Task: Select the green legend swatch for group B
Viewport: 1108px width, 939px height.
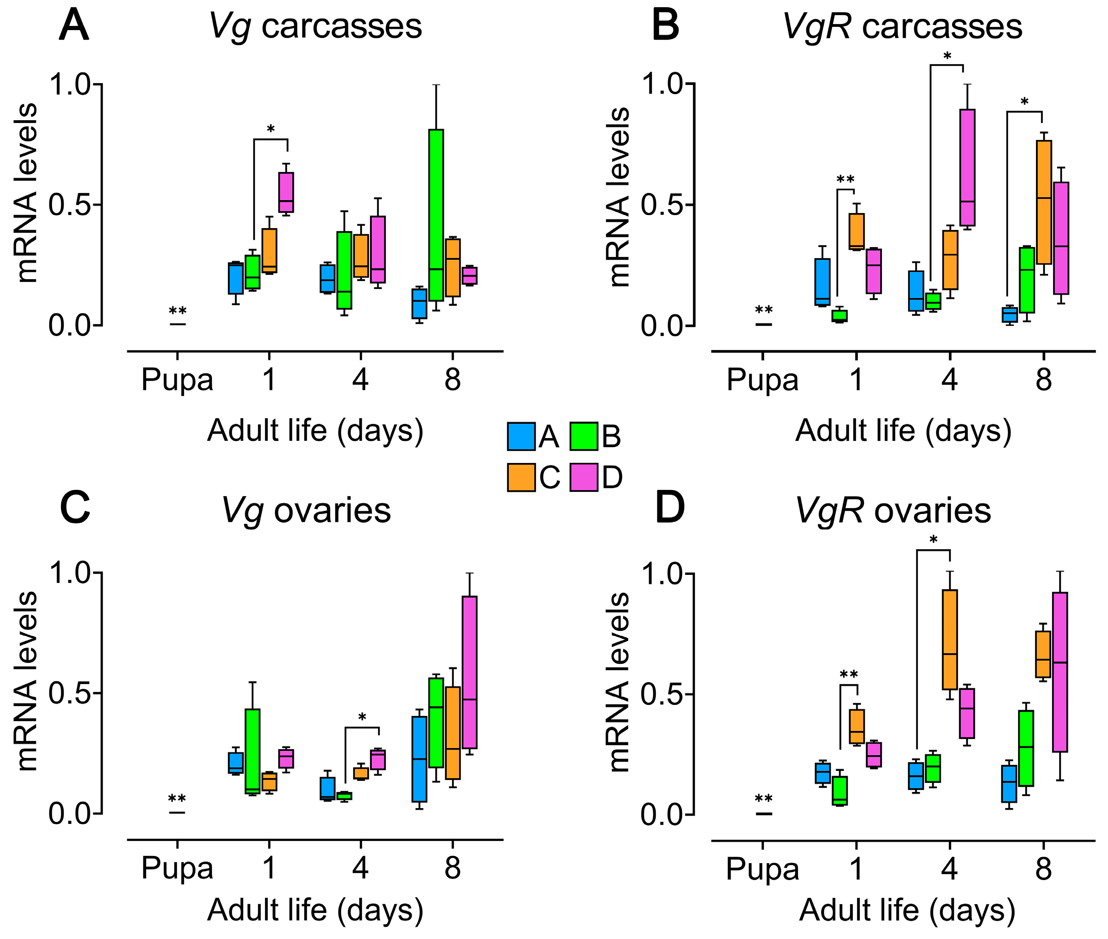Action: click(x=583, y=436)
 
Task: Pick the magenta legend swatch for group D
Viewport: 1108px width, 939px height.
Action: click(x=583, y=477)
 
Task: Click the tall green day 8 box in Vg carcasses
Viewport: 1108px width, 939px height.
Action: click(x=436, y=215)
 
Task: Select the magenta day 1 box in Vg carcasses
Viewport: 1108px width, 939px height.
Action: click(x=286, y=192)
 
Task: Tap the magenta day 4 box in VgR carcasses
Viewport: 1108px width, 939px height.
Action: click(x=967, y=167)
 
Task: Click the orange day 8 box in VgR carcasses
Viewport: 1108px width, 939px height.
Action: click(x=1044, y=202)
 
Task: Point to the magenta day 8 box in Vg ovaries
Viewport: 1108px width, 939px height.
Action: click(x=469, y=672)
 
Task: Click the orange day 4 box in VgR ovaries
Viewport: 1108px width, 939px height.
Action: click(x=950, y=639)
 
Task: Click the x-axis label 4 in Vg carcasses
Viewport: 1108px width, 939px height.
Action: click(x=360, y=380)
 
